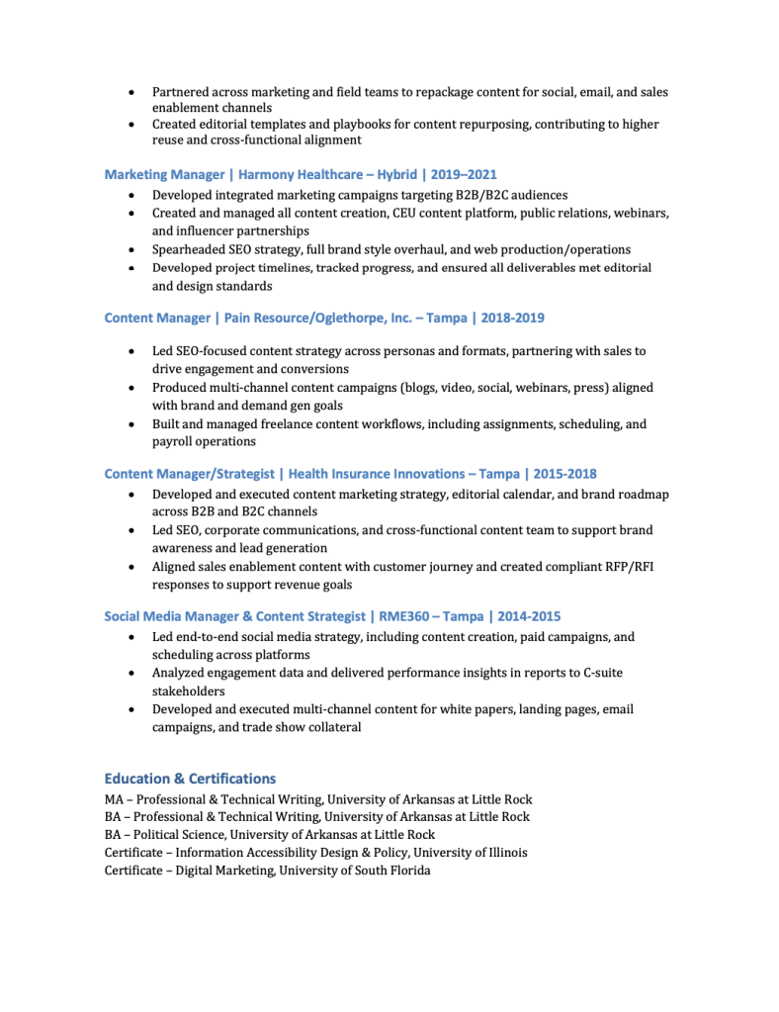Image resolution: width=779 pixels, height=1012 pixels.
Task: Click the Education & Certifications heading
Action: click(190, 779)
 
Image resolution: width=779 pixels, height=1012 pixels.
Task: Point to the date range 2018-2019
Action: click(512, 318)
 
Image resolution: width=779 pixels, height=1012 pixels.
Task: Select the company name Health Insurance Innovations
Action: click(376, 474)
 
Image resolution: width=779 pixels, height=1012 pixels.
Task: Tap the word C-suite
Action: click(598, 673)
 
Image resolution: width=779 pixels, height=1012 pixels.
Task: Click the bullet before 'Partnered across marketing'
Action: click(132, 92)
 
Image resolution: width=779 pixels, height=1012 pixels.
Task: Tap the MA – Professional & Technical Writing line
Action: click(318, 798)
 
